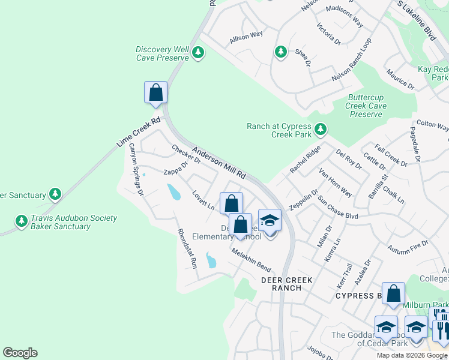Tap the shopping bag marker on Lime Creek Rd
pos(155,93)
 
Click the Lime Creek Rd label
pos(139,133)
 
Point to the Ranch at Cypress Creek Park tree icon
pos(321,128)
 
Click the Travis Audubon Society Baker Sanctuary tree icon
pos(22,221)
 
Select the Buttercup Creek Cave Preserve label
pos(366,106)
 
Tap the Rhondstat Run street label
pos(186,247)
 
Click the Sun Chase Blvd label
pos(338,208)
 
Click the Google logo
pos(20,353)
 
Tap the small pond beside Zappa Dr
pos(173,192)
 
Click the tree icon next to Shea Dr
pos(280,52)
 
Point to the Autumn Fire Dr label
pos(408,246)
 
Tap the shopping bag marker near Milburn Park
pos(394,294)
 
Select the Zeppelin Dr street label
pos(304,199)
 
